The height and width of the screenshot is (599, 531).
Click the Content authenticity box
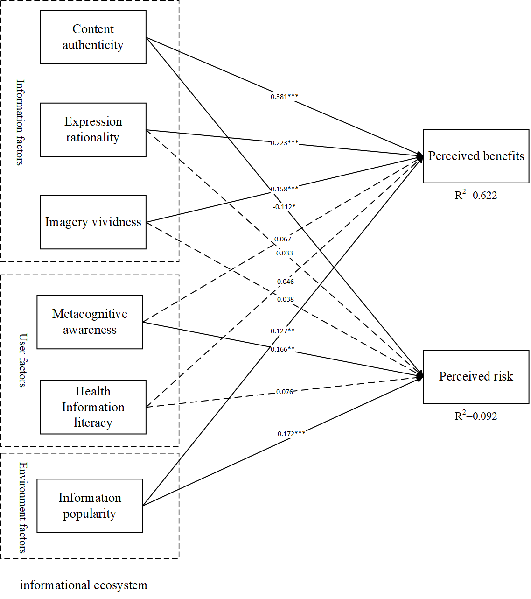pyautogui.click(x=93, y=37)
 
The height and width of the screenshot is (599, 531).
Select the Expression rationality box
pyautogui.click(x=93, y=130)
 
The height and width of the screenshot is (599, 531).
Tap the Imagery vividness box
pyautogui.click(x=93, y=222)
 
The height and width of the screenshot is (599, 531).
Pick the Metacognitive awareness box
pyautogui.click(x=90, y=322)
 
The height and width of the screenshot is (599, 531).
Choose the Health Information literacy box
pyautogui.click(x=93, y=407)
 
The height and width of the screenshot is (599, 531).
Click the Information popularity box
pyautogui.click(x=90, y=506)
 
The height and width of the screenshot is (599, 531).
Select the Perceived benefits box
pyautogui.click(x=476, y=156)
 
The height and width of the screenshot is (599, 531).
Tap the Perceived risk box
pyautogui.click(x=476, y=377)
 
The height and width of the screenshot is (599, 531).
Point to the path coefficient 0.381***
pyautogui.click(x=284, y=97)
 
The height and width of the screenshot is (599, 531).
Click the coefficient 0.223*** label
pyautogui.click(x=284, y=143)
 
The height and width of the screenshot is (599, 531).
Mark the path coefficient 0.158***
pyautogui.click(x=284, y=189)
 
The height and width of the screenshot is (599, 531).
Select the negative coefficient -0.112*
pyautogui.click(x=284, y=207)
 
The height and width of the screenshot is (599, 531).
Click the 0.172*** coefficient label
pyautogui.click(x=291, y=434)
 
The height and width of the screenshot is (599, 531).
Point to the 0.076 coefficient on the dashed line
pyautogui.click(x=284, y=392)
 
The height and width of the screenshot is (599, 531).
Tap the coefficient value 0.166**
pyautogui.click(x=282, y=349)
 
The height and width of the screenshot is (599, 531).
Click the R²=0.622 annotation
pyautogui.click(x=476, y=195)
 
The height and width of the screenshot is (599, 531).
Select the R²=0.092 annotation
pyautogui.click(x=476, y=416)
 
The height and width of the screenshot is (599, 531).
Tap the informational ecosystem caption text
pyautogui.click(x=84, y=585)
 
